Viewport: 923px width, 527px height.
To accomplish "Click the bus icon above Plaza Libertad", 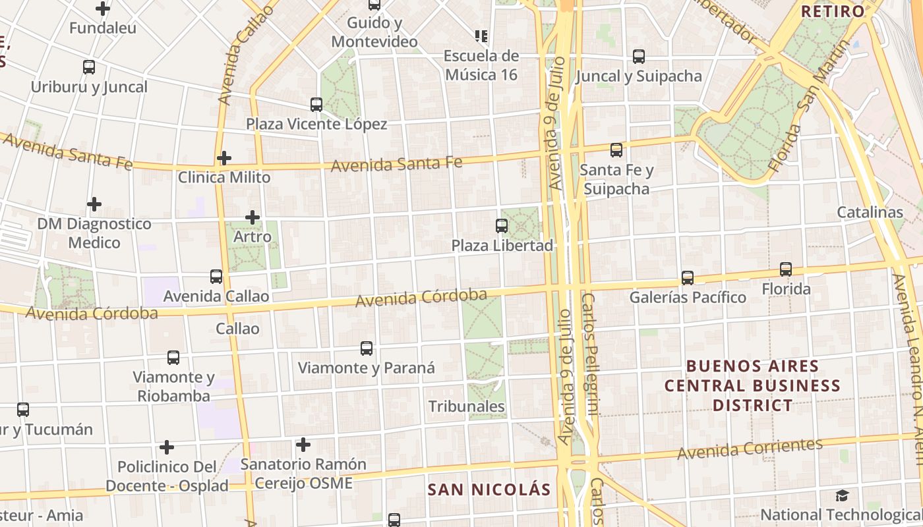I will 502,226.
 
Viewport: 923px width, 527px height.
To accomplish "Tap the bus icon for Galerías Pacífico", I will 688,278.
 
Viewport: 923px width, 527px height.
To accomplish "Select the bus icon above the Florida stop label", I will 786,269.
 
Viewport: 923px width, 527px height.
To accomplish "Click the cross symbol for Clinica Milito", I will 224,158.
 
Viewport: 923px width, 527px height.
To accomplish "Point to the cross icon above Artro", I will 253,217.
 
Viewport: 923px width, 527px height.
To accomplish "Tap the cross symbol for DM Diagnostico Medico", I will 94,204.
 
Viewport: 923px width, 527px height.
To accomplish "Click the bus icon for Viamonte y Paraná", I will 367,348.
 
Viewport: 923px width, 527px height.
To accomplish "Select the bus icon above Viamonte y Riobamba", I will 173,358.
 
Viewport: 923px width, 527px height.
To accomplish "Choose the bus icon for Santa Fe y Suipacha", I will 616,150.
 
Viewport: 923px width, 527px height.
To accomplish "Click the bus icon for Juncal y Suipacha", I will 639,57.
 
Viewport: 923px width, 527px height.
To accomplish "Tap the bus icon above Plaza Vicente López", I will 316,105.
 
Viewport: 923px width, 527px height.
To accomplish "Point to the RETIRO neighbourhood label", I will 832,11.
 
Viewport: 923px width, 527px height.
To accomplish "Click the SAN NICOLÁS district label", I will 489,489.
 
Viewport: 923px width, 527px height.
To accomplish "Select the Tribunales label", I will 467,406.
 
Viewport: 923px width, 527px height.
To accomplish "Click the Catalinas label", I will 870,212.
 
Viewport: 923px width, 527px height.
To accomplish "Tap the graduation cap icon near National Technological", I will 842,495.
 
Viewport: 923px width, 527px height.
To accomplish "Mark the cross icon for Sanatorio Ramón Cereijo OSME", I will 303,445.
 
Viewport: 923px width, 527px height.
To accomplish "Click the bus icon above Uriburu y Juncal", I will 89,67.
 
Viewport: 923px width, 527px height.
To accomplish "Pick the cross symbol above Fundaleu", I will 103,9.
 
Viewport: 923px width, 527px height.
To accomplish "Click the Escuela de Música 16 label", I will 481,65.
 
